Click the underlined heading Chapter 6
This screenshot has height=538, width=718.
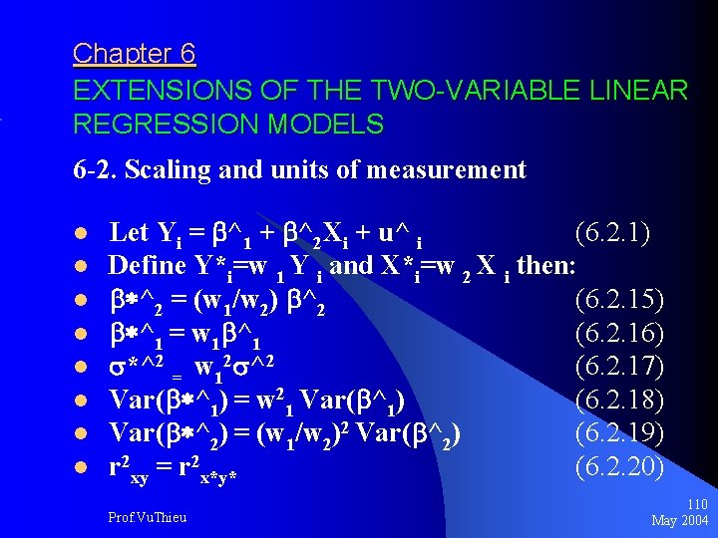click(x=134, y=53)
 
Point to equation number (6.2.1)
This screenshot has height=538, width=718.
click(x=613, y=233)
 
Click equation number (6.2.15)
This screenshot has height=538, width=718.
click(x=619, y=299)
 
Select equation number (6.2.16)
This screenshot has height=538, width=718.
click(x=619, y=333)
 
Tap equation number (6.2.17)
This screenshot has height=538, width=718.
click(x=619, y=366)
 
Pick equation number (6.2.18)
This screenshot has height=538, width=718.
click(x=619, y=400)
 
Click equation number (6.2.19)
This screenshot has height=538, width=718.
click(x=619, y=433)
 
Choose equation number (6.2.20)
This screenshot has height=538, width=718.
click(x=619, y=465)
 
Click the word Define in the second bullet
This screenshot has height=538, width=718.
click(x=147, y=265)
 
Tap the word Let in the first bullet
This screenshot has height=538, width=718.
click(x=128, y=233)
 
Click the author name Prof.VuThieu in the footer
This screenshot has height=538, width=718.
click(x=147, y=517)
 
